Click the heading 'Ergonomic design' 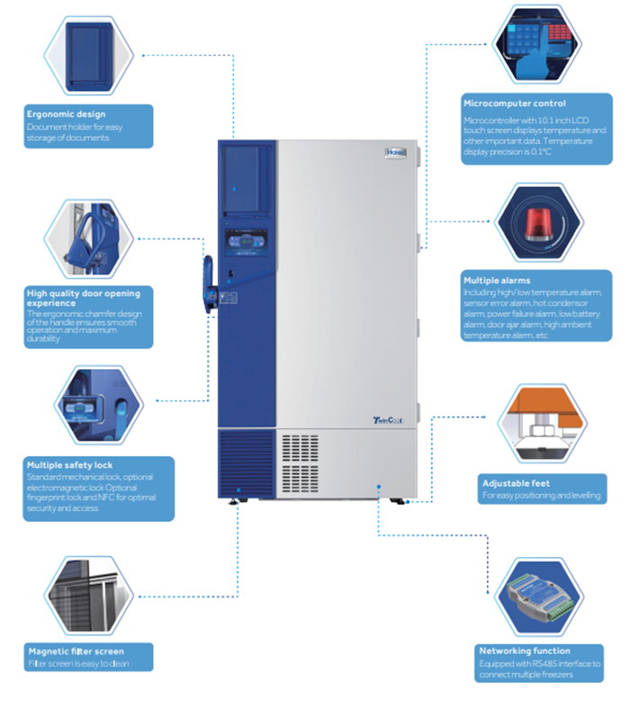point(66,114)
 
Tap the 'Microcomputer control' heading point(514,103)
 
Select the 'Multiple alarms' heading point(498,280)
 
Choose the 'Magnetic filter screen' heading point(77,651)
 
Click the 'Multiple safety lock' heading point(70,464)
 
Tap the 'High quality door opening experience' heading point(83,298)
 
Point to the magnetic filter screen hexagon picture point(88,594)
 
